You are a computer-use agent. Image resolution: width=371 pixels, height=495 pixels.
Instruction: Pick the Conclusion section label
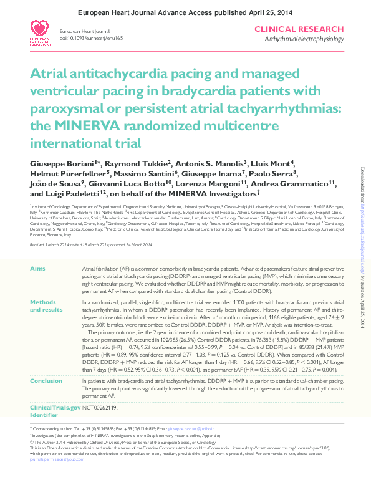(46, 362)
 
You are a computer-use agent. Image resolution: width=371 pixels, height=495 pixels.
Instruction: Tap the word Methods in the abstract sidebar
(43, 302)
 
